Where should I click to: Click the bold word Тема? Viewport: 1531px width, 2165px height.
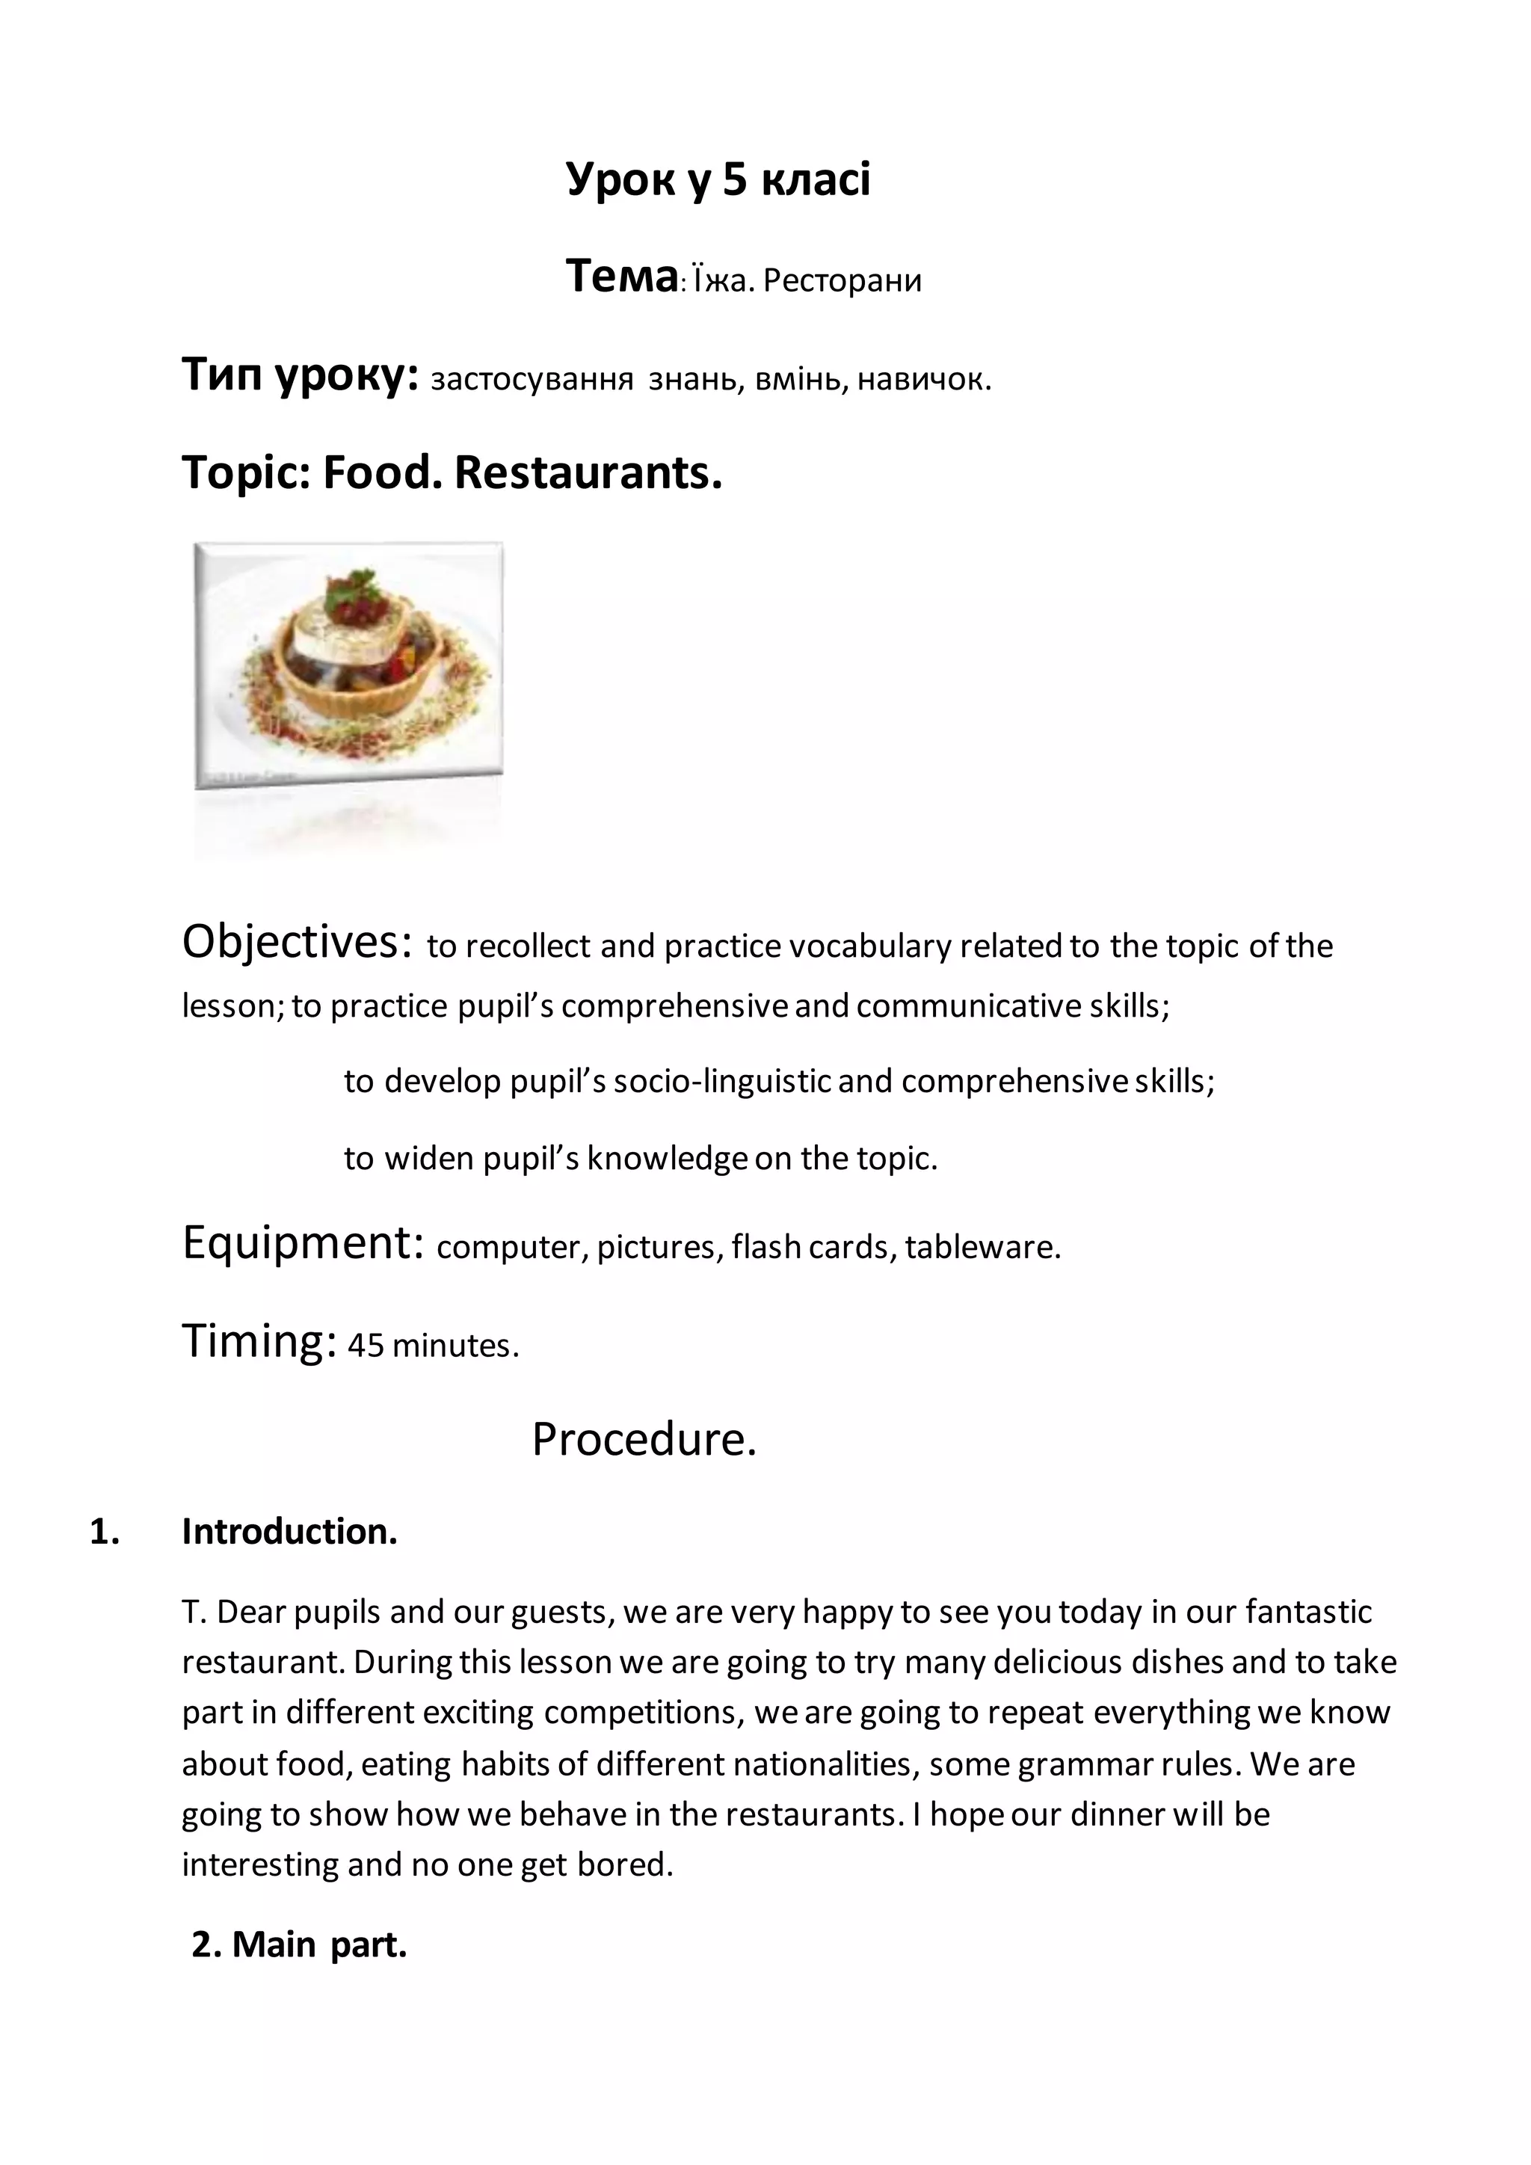pos(621,277)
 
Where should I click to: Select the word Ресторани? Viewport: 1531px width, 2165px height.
pos(842,281)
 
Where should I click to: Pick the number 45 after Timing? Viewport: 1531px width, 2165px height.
pos(366,1346)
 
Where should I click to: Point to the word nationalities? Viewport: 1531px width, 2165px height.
pos(825,1764)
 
